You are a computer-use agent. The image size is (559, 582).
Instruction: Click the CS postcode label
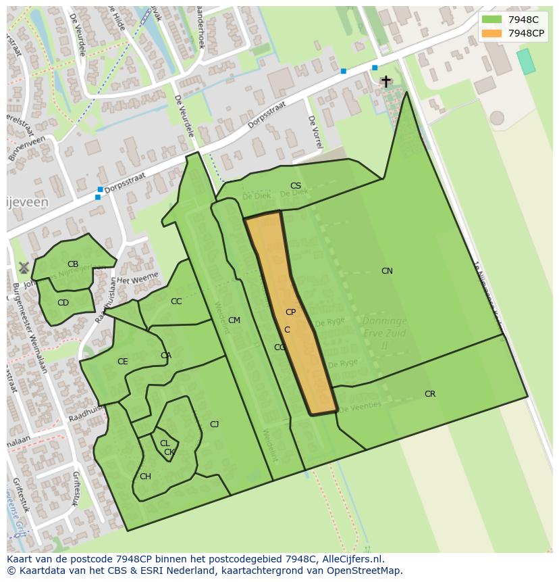pos(296,186)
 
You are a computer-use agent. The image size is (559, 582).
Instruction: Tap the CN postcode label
pos(387,271)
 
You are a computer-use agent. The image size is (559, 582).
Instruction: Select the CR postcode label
pos(430,394)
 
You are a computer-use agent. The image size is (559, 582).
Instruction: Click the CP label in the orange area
pos(290,312)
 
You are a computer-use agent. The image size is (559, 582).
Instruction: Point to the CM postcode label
pos(234,320)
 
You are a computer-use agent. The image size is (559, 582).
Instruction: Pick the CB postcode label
pos(73,264)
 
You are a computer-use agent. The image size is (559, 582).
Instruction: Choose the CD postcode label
pos(63,303)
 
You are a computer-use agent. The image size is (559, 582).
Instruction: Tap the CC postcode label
pos(176,301)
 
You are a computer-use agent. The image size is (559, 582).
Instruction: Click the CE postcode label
pos(122,362)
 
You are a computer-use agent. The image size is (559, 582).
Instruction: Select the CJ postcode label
pos(214,425)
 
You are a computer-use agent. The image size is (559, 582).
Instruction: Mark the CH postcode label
pos(145,477)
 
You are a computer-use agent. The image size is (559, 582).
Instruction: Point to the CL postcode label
pos(164,443)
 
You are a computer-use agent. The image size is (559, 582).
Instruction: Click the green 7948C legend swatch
pos(491,20)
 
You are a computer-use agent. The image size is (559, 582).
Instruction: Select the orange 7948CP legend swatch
pos(491,33)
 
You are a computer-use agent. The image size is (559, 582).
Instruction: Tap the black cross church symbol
pos(385,81)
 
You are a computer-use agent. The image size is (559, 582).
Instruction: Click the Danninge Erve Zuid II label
pos(385,333)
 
